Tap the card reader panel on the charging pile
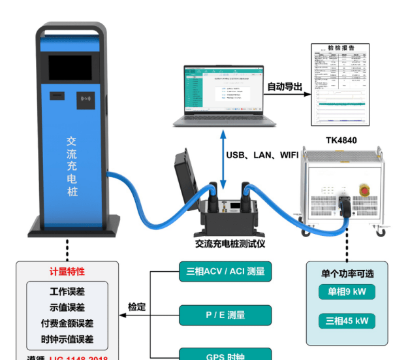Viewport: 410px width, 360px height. [x=86, y=100]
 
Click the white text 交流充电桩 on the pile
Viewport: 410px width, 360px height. [x=72, y=167]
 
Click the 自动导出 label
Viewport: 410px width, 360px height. [x=285, y=86]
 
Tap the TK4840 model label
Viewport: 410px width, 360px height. [x=341, y=140]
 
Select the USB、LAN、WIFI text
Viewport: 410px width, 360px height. [x=262, y=155]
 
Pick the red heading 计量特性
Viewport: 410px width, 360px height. [x=67, y=271]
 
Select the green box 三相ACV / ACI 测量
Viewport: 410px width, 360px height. [x=225, y=271]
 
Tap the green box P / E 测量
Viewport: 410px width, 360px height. [x=225, y=315]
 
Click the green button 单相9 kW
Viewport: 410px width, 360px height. [x=347, y=292]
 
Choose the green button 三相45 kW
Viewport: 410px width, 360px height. [x=347, y=321]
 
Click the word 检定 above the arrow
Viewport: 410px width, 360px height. [x=136, y=306]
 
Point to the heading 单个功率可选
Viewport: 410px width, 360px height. [x=347, y=272]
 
